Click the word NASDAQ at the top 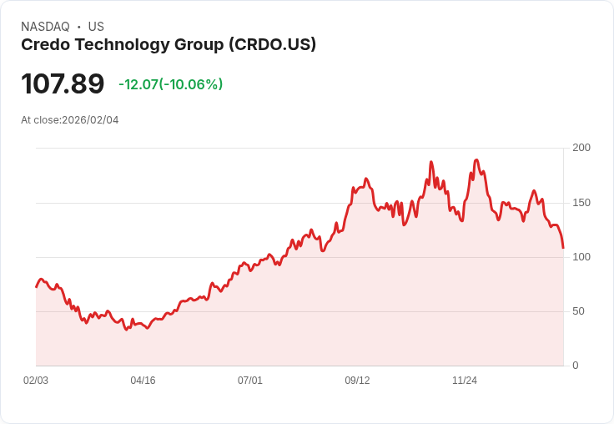(45, 27)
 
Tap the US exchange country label (96, 27)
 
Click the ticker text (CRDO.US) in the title (272, 45)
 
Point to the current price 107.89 (63, 83)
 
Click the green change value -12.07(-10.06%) (170, 84)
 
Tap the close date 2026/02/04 (90, 120)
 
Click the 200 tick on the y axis (581, 148)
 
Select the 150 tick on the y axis (581, 203)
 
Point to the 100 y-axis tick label (581, 257)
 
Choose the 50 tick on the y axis (578, 311)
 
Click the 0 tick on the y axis (576, 366)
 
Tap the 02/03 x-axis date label (36, 381)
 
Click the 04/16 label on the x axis (143, 381)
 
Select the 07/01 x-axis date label (250, 381)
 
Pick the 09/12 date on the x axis (357, 381)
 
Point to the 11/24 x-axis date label (465, 381)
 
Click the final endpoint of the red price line (563, 248)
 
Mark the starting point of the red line (37, 287)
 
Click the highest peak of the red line (476, 159)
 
